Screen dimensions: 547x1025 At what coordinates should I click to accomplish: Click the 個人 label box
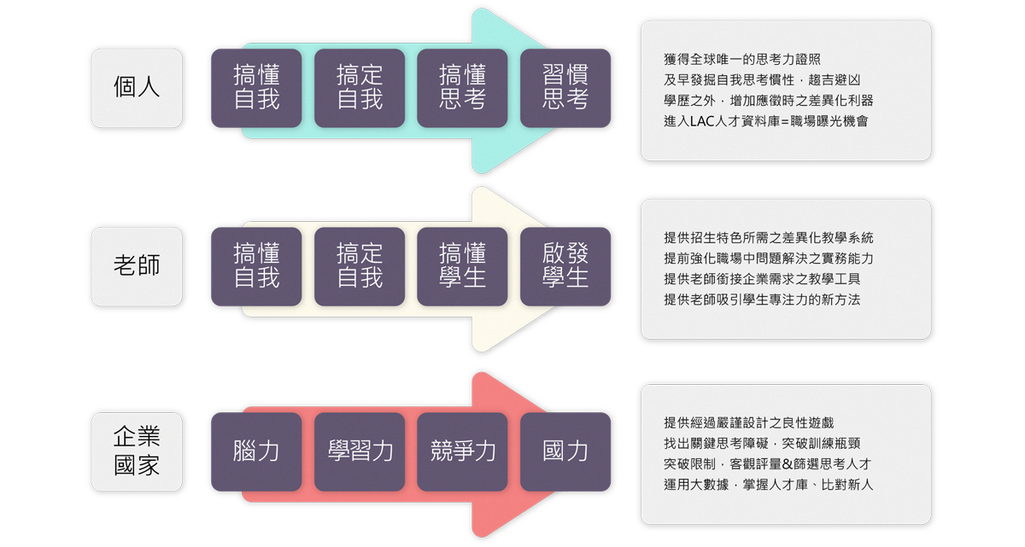tap(137, 88)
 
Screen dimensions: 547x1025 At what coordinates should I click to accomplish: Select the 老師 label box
tap(137, 266)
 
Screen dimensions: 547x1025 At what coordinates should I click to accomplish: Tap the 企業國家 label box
tap(137, 451)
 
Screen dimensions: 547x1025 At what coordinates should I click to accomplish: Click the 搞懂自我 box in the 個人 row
tap(256, 88)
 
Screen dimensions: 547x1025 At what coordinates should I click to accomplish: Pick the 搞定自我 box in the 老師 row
tap(360, 266)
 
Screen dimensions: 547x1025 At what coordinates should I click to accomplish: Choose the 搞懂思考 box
tap(462, 88)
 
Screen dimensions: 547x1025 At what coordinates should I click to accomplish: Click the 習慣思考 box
tap(565, 88)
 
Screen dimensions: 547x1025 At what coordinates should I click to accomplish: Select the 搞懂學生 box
tap(462, 266)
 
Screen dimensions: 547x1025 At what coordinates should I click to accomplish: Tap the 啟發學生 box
tap(565, 266)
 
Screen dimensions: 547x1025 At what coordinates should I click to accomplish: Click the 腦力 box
tap(256, 451)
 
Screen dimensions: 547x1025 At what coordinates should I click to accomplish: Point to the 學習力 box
tap(360, 451)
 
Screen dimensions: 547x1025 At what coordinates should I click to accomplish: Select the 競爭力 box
tap(462, 451)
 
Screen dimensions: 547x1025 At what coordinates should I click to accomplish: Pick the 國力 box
tap(565, 451)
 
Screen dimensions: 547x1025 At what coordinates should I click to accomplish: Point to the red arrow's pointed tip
tap(617, 451)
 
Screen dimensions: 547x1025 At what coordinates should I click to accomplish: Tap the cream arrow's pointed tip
tap(617, 266)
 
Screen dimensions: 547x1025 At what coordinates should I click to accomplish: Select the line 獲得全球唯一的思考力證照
tap(742, 59)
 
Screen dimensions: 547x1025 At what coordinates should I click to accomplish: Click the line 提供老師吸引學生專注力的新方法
tap(762, 300)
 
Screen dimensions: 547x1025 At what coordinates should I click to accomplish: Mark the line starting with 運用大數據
tap(768, 485)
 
